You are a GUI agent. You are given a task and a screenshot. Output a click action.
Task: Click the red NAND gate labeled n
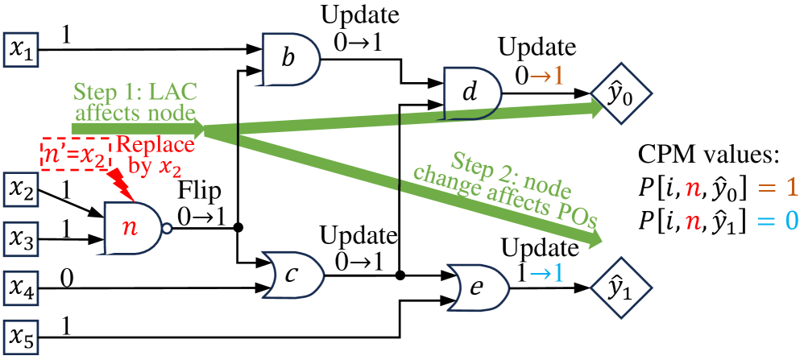131,226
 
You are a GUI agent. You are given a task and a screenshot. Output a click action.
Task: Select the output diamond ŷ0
617,94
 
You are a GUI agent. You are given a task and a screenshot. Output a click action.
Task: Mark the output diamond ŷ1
617,288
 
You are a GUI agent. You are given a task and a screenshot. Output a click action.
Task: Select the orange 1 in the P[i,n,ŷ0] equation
790,187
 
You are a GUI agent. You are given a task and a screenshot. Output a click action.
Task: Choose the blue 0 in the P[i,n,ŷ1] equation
791,218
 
